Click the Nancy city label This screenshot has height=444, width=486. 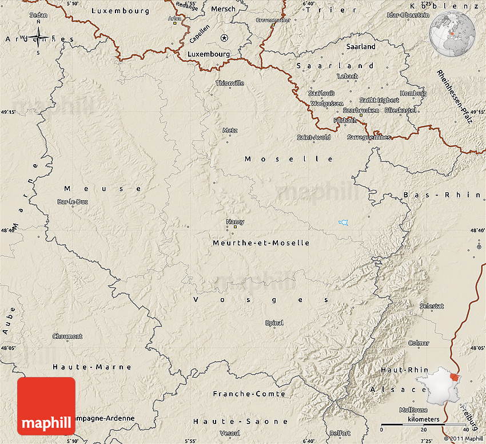(235, 221)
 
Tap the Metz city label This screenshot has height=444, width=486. (230, 130)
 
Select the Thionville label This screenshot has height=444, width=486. (230, 83)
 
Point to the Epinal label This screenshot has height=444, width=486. (274, 323)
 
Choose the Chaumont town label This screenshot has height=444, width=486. (67, 336)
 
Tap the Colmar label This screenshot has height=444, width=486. (419, 343)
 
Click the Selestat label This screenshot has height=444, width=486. (432, 306)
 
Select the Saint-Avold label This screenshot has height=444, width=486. (313, 137)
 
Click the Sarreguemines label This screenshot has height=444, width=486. (369, 137)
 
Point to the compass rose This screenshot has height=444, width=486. (38, 38)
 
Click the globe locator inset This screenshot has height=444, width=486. (453, 33)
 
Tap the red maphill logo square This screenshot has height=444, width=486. (46, 406)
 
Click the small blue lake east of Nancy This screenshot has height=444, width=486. (342, 222)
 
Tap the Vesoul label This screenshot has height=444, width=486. (229, 433)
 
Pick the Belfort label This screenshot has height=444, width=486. (340, 433)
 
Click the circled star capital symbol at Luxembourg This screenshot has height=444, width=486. (224, 38)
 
